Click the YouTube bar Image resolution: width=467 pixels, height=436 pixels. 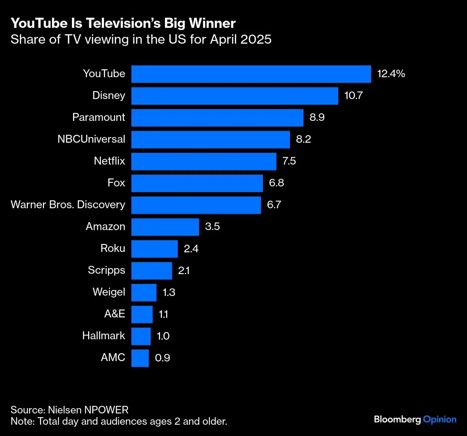point(251,74)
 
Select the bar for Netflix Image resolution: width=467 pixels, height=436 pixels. point(204,161)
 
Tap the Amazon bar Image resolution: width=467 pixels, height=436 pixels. point(165,227)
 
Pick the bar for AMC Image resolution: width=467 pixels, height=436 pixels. point(140,358)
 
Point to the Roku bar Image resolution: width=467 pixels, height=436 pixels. point(154,248)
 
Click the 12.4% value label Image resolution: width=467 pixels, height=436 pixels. point(391,74)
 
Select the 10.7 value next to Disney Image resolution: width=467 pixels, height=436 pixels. point(353,96)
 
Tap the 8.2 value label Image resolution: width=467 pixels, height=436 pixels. point(303,139)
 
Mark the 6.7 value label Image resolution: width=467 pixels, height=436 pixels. point(274,205)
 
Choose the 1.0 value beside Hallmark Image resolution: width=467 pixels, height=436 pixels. point(163,336)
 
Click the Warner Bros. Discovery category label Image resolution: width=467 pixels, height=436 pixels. point(68,204)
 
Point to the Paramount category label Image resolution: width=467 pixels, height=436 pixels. point(98,117)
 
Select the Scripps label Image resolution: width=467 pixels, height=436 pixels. point(106,270)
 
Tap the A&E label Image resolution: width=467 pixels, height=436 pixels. point(114,314)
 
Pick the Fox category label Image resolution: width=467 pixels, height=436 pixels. point(116,183)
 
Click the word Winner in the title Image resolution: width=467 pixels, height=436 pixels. point(212,23)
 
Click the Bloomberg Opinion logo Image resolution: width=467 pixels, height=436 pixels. point(415,419)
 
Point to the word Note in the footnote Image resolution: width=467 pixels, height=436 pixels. point(22,421)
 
